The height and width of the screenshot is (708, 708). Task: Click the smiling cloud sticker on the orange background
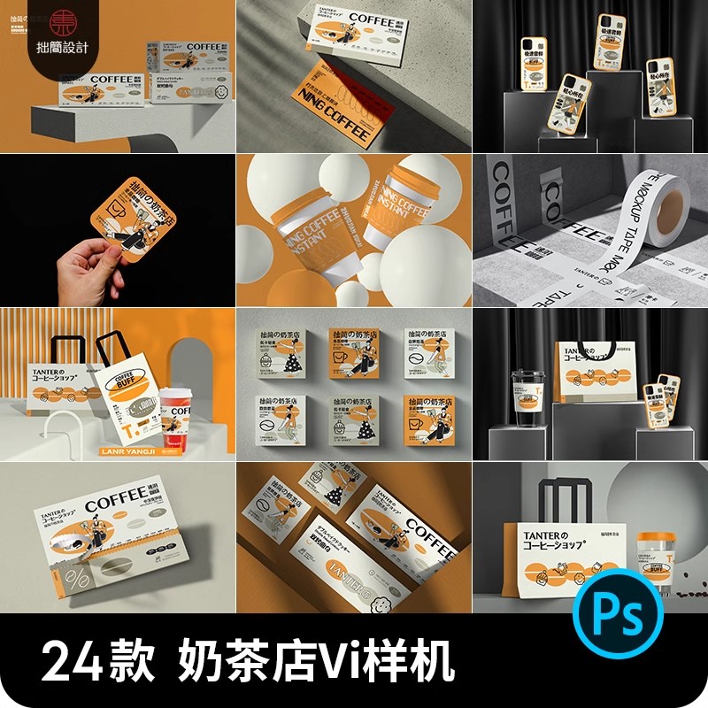pyautogui.click(x=383, y=604)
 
